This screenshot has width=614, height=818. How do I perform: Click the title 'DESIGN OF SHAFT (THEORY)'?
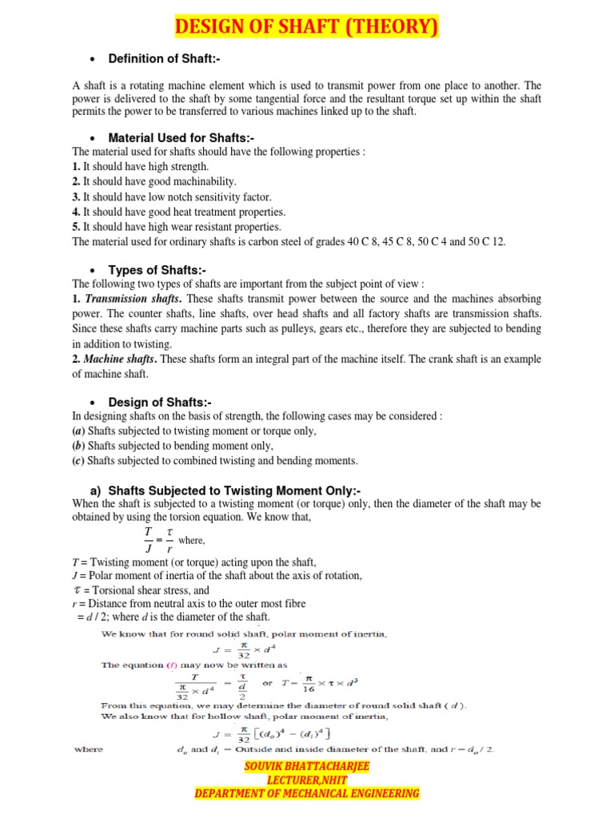(x=307, y=27)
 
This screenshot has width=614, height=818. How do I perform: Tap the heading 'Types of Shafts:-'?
(x=157, y=271)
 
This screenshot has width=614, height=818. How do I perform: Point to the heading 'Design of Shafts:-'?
(x=160, y=402)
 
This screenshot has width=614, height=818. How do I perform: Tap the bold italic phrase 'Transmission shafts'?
(x=132, y=299)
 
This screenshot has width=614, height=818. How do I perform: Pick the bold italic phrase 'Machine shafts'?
(x=118, y=359)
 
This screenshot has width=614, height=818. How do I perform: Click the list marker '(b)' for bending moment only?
(x=78, y=446)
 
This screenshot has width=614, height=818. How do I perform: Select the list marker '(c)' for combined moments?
(x=78, y=461)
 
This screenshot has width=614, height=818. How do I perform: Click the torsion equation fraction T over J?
(x=148, y=539)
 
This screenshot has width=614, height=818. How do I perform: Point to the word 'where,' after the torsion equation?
(x=192, y=541)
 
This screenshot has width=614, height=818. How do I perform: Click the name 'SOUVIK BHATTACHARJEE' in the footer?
(x=307, y=766)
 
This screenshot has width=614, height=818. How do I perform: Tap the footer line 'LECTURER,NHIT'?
(x=307, y=780)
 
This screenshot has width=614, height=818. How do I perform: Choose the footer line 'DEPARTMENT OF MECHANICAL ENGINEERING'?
(x=307, y=793)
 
